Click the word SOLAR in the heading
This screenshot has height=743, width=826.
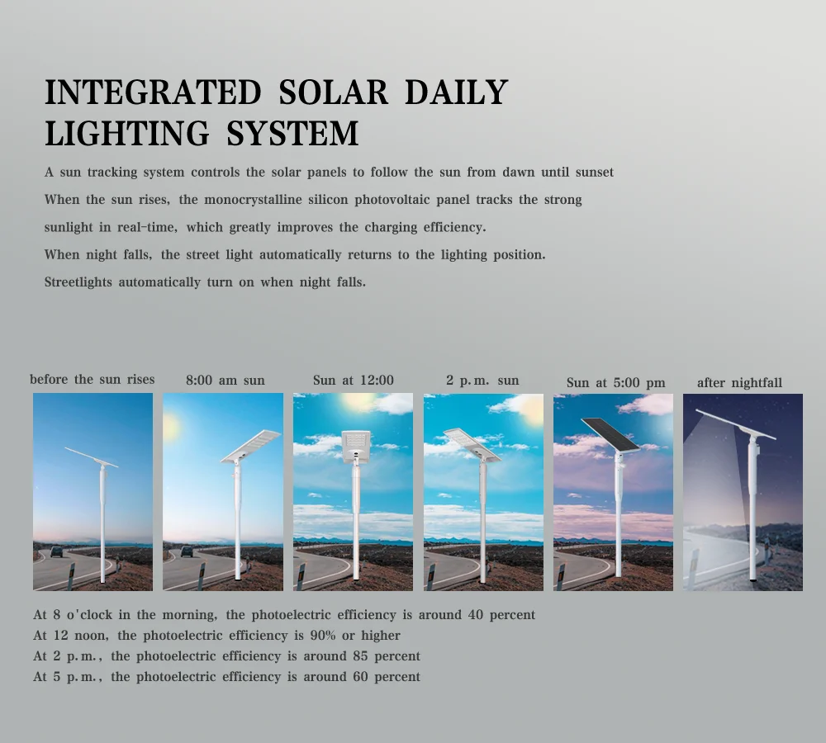[x=333, y=92]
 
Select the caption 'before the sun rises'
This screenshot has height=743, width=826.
[x=93, y=380]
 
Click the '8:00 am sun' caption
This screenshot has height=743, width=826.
[x=225, y=381]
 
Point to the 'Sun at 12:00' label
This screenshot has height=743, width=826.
[x=353, y=381]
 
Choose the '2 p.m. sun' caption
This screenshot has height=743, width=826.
[x=482, y=381]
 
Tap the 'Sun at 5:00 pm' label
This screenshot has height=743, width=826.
[x=615, y=382]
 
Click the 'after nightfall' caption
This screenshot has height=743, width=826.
[x=739, y=382]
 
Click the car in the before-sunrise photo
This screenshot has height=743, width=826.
[x=55, y=551]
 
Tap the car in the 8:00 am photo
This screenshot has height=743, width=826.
[x=187, y=551]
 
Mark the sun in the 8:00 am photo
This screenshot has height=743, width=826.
[x=171, y=426]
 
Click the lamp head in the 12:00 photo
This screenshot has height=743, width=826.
[x=355, y=444]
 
